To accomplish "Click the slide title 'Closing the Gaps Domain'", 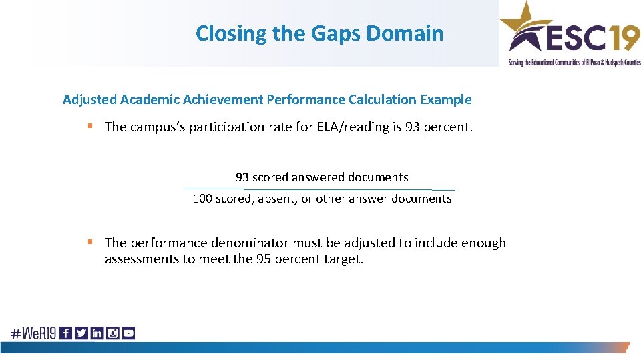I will point(319,33).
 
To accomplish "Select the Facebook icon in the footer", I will point(65,333).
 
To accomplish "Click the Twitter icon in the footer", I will point(81,333).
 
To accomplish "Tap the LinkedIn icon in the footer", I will point(97,333).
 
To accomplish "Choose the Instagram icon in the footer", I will point(113,333).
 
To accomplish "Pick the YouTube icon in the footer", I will point(128,333).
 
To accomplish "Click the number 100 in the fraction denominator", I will point(202,199).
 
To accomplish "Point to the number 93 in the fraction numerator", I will point(242,177).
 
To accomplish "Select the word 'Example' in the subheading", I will point(446,100).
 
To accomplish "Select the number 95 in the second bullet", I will point(264,259).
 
